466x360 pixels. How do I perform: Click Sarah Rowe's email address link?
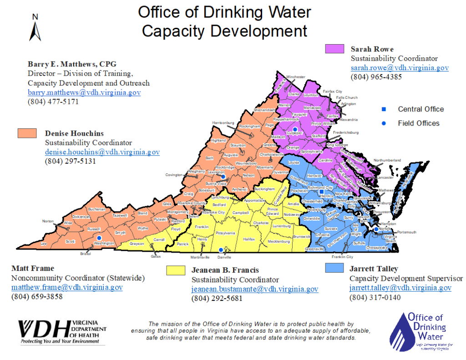(400, 68)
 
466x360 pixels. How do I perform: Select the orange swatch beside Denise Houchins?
(27, 133)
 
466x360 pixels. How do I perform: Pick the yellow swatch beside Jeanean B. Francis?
(176, 270)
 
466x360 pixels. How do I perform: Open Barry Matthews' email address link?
(84, 92)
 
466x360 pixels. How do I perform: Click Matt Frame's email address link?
(67, 287)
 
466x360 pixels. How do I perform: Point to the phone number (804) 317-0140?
(375, 298)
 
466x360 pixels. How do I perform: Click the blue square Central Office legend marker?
(384, 109)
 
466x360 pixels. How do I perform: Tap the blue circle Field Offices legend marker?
(384, 123)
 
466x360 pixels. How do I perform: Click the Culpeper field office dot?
(295, 130)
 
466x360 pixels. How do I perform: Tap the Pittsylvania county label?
(225, 233)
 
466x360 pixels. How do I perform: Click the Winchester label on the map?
(296, 77)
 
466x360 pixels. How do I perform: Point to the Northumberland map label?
(387, 160)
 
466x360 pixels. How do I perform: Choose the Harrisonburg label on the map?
(223, 123)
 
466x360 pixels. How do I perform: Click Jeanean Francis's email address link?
(254, 289)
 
